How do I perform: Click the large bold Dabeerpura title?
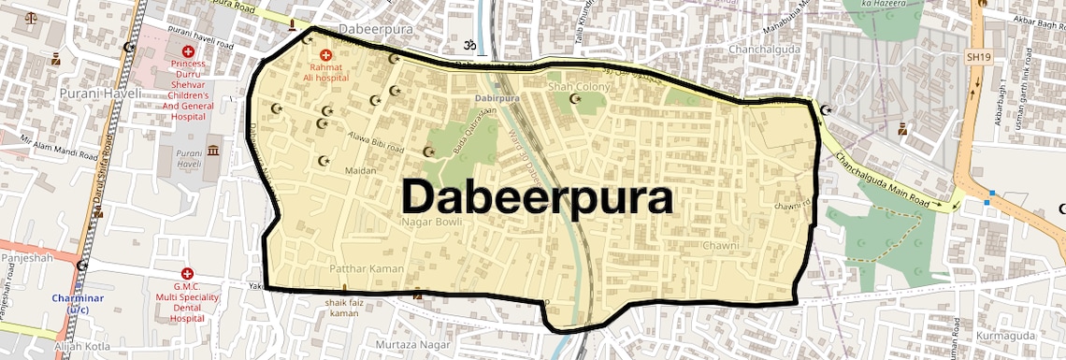(x=538, y=198)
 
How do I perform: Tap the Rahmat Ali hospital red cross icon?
(x=326, y=55)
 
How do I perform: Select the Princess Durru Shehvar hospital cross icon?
(x=188, y=51)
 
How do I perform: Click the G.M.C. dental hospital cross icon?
(x=188, y=272)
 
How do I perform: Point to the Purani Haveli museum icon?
(x=213, y=151)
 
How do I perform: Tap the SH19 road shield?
(x=978, y=57)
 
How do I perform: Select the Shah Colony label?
(x=579, y=87)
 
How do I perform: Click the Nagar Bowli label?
(x=425, y=223)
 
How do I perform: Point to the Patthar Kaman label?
(x=367, y=269)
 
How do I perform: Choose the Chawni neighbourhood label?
(x=720, y=246)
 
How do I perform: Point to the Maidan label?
(x=360, y=171)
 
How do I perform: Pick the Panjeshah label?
(x=27, y=257)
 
